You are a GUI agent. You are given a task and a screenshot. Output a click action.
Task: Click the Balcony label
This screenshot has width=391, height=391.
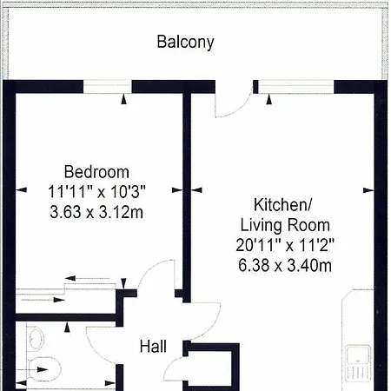click(185, 43)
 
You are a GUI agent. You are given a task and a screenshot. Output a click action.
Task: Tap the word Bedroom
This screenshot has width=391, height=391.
click(96, 172)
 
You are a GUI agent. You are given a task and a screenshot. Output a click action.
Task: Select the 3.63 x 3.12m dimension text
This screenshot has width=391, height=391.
click(96, 212)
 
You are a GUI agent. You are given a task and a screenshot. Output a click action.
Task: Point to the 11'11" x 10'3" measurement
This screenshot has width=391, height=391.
click(96, 192)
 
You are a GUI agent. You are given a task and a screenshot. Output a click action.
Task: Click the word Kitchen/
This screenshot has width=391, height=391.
click(283, 205)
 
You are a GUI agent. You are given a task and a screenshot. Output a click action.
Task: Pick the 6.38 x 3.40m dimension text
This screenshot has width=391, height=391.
click(285, 265)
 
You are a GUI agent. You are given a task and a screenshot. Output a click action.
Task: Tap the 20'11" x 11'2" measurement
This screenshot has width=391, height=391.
click(285, 245)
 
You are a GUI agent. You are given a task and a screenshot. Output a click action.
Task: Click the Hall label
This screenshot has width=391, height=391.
click(153, 347)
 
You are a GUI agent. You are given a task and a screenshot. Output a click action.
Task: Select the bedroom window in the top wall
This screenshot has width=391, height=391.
click(108, 87)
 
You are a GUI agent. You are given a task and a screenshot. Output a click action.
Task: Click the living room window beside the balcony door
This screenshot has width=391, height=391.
click(296, 87)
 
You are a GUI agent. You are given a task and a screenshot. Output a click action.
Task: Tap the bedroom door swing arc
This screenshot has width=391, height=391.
click(150, 268)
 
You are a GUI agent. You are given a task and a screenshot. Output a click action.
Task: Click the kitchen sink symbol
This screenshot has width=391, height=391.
click(358, 362)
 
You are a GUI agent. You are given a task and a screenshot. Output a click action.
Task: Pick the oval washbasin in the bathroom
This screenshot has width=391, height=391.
click(36, 338)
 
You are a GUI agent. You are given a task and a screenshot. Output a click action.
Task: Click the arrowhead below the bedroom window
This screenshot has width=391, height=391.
click(123, 99)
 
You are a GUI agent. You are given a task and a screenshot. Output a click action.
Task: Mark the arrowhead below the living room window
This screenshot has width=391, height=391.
click(269, 99)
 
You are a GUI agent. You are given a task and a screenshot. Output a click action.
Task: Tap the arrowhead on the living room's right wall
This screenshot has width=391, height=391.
click(368, 190)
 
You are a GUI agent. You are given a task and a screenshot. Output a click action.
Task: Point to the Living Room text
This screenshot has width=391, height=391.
click(285, 225)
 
